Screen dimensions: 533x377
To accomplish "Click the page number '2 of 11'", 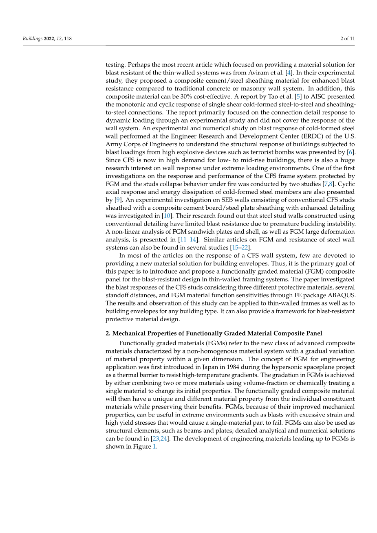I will [x=347, y=39].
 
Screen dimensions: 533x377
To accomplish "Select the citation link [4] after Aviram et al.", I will [x=289, y=72].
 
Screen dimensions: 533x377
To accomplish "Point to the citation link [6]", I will [x=350, y=152].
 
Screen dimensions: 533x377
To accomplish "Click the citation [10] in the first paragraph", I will [x=167, y=215].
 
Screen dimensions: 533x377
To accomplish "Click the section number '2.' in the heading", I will [x=108, y=333].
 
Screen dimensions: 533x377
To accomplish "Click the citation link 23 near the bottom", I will [x=156, y=439].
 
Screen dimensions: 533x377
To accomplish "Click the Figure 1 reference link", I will [x=154, y=446].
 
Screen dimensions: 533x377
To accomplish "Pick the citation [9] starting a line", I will [x=118, y=200].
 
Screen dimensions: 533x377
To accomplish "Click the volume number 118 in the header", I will [x=68, y=39].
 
